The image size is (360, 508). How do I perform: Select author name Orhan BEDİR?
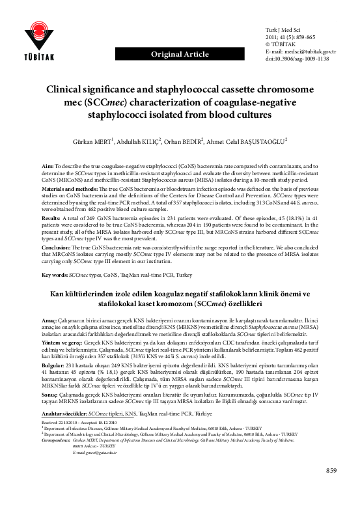[198, 140]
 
